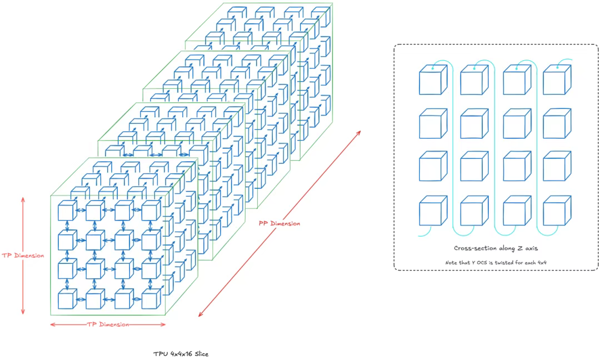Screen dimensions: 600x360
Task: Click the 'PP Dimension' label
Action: click(279, 223)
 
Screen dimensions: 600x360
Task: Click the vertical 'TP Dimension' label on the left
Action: click(23, 256)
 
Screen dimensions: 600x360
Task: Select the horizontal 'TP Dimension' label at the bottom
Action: click(108, 324)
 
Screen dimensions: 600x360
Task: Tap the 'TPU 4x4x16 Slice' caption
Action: click(181, 354)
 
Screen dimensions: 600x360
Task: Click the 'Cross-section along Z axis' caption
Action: click(496, 248)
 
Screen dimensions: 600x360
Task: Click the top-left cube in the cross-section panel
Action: click(433, 79)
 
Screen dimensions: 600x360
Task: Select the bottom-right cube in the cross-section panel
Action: click(557, 211)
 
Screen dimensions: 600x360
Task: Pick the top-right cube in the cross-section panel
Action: click(557, 79)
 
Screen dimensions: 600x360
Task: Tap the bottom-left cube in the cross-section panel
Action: click(433, 211)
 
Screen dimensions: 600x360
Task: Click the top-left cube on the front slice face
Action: click(67, 211)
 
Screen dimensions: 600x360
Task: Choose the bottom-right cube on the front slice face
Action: click(151, 298)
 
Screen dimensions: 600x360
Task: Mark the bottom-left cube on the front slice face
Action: click(67, 298)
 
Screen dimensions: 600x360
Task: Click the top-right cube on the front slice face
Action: click(151, 211)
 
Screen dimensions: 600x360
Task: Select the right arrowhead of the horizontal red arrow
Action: click(164, 324)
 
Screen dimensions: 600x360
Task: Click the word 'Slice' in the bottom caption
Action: click(201, 354)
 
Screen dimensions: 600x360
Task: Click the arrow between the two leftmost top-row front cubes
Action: click(82, 210)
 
